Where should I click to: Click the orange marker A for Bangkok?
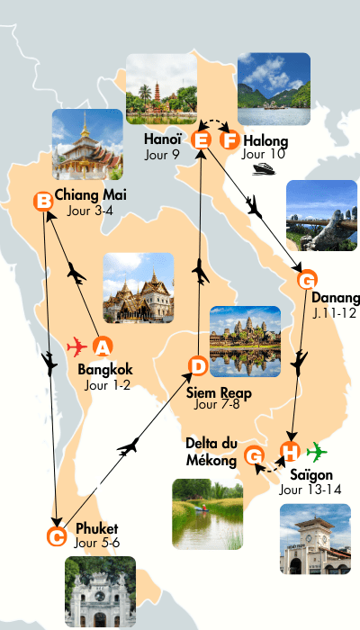pos(103,346)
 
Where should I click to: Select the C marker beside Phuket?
pos(56,537)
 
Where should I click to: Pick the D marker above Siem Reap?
pos(198,365)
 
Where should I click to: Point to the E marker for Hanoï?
pos(202,139)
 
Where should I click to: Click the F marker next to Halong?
pos(231,139)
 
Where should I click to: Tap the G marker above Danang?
pos(308,279)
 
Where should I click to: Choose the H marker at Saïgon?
pos(290,452)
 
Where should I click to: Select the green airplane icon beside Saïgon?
pos(317,451)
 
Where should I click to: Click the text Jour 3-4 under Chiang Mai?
pos(89,212)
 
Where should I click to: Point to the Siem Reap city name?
pos(219,393)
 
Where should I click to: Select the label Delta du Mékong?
pos(211,452)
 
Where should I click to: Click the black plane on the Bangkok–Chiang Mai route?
pos(76,273)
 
